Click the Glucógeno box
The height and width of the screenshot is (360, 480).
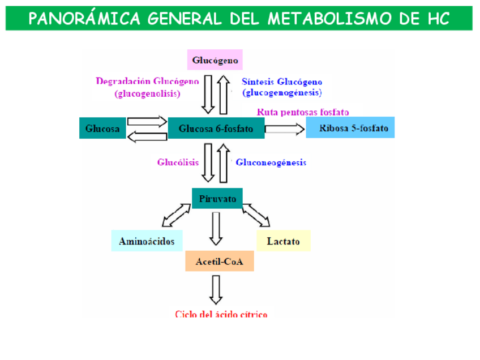pyautogui.click(x=215, y=60)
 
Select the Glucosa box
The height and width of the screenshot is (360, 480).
pyautogui.click(x=102, y=128)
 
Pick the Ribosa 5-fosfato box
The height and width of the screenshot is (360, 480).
pyautogui.click(x=350, y=128)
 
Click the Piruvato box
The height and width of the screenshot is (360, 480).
pyautogui.click(x=217, y=199)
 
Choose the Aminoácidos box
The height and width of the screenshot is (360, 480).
pyautogui.click(x=147, y=241)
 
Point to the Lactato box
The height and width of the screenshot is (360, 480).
pyautogui.click(x=283, y=241)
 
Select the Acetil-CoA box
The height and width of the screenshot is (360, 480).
pyautogui.click(x=219, y=262)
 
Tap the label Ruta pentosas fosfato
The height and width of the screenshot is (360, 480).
pyautogui.click(x=302, y=112)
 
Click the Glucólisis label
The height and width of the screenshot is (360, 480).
pyautogui.click(x=178, y=162)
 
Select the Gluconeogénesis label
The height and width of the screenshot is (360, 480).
pyautogui.click(x=271, y=162)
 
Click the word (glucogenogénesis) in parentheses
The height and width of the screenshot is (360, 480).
pyautogui.click(x=282, y=92)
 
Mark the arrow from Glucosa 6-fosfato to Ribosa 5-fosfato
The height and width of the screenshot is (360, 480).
pyautogui.click(x=285, y=129)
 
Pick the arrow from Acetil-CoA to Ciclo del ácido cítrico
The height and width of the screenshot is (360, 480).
pyautogui.click(x=215, y=289)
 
